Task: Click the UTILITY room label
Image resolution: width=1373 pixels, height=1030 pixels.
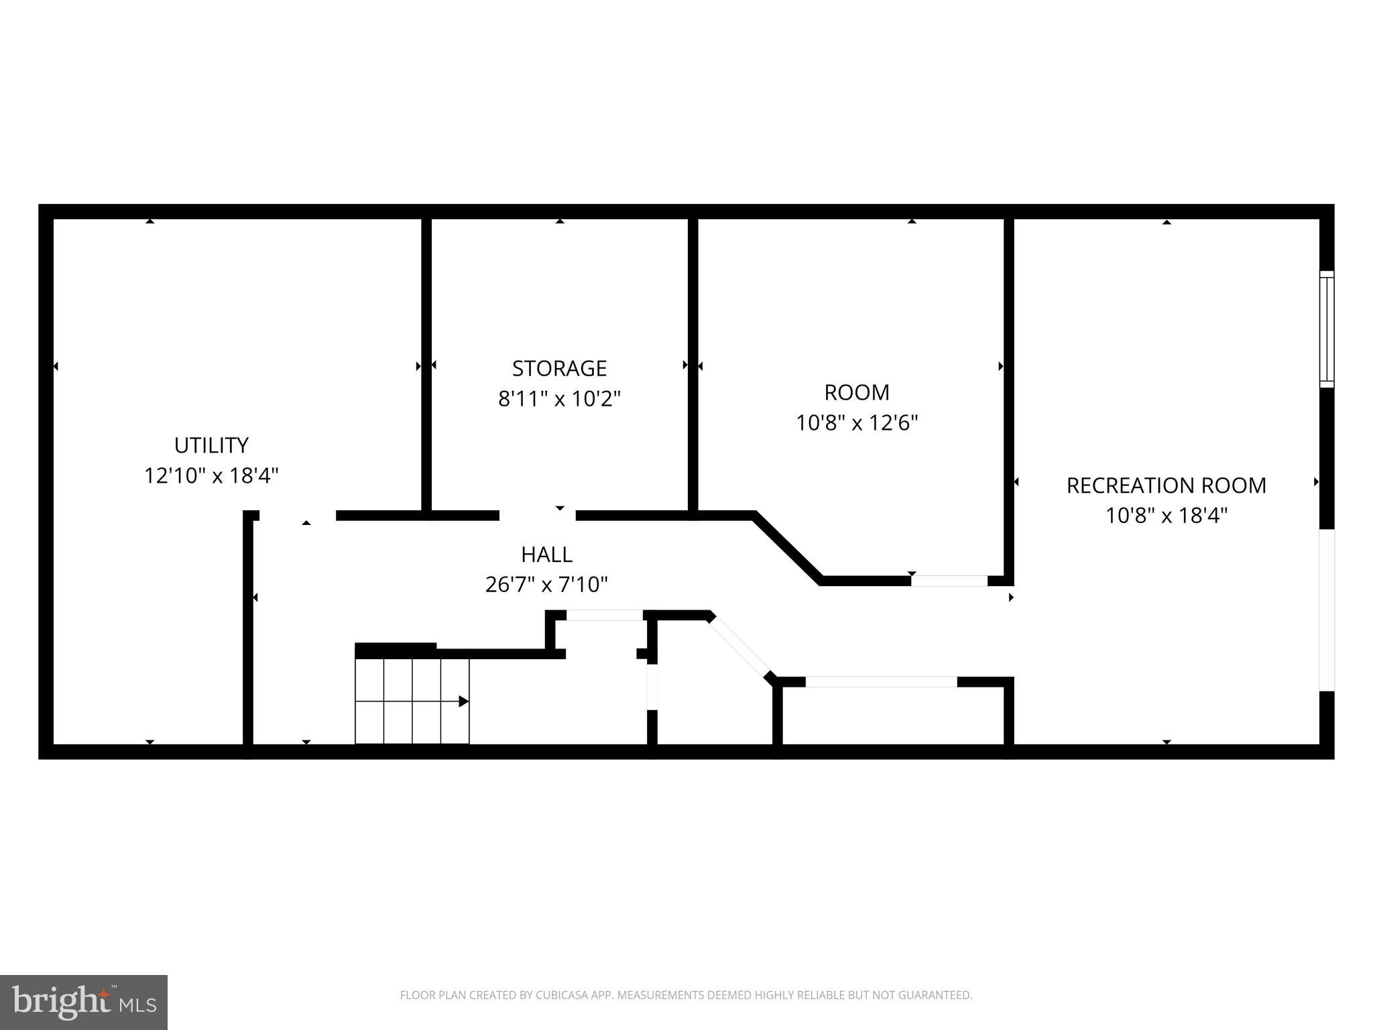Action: click(x=211, y=445)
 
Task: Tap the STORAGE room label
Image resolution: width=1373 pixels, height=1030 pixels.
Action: click(x=559, y=368)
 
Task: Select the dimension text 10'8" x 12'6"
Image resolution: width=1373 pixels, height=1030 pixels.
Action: click(x=856, y=423)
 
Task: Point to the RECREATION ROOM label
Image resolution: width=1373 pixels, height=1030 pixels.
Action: click(x=1166, y=485)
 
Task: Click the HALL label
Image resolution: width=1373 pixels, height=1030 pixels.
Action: click(x=546, y=555)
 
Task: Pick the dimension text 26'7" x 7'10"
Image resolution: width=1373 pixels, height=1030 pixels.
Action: click(x=546, y=585)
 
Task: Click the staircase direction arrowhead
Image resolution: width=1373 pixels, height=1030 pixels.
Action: click(x=463, y=701)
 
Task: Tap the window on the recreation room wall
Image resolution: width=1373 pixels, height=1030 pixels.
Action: click(x=1326, y=329)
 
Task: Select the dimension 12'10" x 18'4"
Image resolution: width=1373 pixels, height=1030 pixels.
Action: click(x=211, y=476)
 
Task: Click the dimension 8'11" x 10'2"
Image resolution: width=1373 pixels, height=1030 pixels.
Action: click(x=559, y=399)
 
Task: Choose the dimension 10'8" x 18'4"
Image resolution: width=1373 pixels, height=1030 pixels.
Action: click(x=1166, y=516)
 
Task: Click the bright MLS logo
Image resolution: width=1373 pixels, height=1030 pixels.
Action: click(x=84, y=1003)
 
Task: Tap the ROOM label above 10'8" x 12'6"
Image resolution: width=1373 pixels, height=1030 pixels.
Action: click(x=856, y=392)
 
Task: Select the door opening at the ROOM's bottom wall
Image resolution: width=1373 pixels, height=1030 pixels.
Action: click(x=949, y=581)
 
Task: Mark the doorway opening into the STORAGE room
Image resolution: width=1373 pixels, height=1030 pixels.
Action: click(x=537, y=516)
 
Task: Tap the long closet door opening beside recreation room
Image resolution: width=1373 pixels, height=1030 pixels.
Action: click(x=881, y=682)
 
